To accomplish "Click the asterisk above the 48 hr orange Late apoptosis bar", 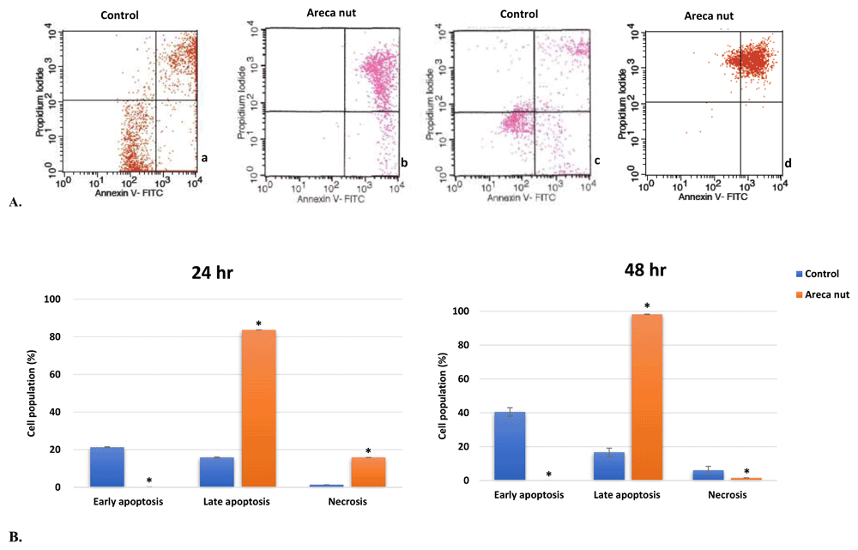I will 647,306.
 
